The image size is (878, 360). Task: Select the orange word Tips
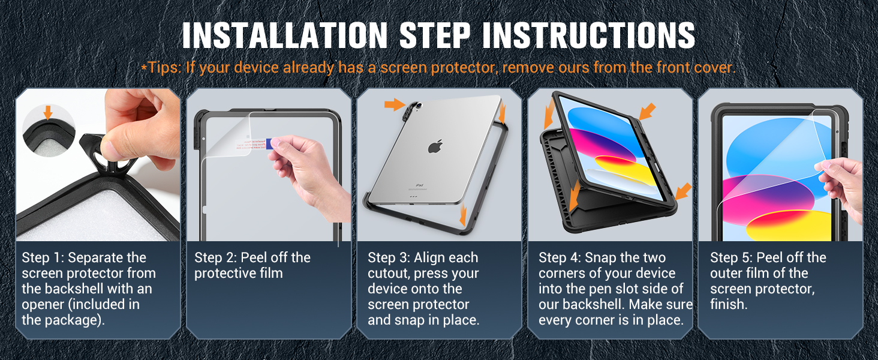click(163, 68)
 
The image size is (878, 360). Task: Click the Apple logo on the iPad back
click(435, 147)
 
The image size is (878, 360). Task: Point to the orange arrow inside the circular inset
click(48, 112)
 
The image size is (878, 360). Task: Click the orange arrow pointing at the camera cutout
click(395, 106)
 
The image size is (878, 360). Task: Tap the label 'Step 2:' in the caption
click(215, 258)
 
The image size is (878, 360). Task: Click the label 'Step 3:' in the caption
click(389, 258)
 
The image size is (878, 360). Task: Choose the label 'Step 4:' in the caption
click(560, 258)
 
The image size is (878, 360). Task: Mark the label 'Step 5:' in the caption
click(731, 258)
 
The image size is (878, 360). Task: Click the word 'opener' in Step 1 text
click(43, 305)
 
